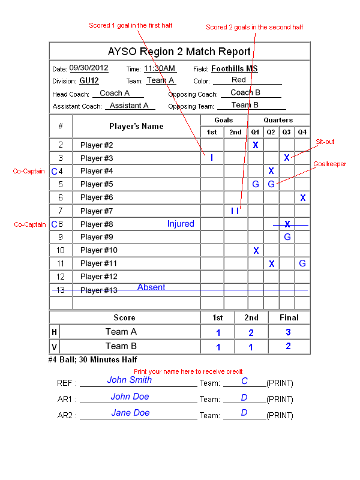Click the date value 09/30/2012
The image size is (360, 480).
click(x=89, y=68)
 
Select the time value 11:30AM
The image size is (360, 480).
click(x=160, y=68)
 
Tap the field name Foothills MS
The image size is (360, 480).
click(x=235, y=68)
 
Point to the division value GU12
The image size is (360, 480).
click(x=89, y=80)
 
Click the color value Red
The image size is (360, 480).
click(x=238, y=80)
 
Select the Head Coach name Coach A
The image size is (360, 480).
click(x=115, y=93)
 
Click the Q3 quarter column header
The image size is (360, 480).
click(x=287, y=132)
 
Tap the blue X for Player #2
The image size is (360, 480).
click(x=256, y=145)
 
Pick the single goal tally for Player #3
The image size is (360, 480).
click(x=212, y=158)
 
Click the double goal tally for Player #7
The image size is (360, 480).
click(x=235, y=211)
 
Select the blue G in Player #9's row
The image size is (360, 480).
click(x=287, y=236)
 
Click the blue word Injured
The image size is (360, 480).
click(x=181, y=224)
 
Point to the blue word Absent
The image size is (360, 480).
click(x=151, y=287)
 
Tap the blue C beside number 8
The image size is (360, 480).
click(x=55, y=224)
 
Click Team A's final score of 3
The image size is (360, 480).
click(x=288, y=332)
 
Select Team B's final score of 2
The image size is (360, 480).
click(x=288, y=346)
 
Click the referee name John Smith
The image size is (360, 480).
click(x=130, y=380)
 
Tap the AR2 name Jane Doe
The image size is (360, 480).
click(x=130, y=413)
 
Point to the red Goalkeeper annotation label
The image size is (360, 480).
click(x=329, y=164)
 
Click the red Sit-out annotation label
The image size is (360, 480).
click(x=325, y=142)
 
